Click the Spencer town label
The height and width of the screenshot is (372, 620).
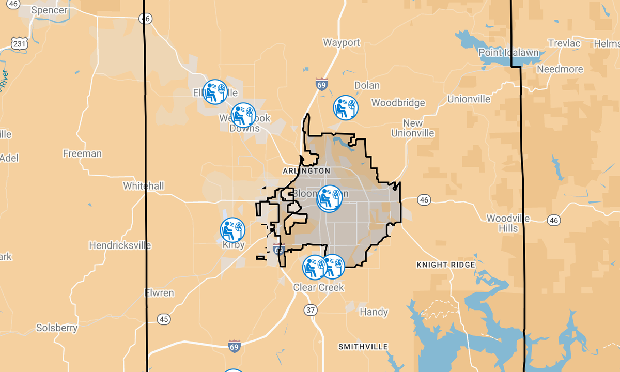coord(49,10)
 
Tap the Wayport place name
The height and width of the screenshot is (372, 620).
coord(342,42)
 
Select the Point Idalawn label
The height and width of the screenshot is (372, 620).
coord(508,53)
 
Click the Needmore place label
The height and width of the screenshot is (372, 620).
coord(560,69)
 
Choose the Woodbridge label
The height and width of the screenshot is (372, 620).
coord(398,103)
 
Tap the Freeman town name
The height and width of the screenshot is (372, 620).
coord(82,153)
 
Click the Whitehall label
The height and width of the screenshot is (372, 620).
coord(143,185)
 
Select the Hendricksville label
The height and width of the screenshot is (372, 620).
coord(120,245)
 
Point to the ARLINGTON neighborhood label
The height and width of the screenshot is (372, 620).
coord(306,171)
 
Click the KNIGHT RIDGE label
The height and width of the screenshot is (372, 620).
coord(446,265)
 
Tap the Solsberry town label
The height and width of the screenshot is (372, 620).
coord(57,328)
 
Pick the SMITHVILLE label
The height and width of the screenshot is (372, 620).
coord(363,347)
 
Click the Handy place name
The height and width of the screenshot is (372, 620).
coord(374,312)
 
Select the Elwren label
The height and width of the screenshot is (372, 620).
coord(159,293)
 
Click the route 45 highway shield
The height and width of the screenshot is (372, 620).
coord(164,319)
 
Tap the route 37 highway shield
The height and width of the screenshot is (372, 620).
coord(311,310)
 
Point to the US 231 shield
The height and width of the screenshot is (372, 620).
coord(20,44)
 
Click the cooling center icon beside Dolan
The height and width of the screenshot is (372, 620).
coord(345,107)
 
